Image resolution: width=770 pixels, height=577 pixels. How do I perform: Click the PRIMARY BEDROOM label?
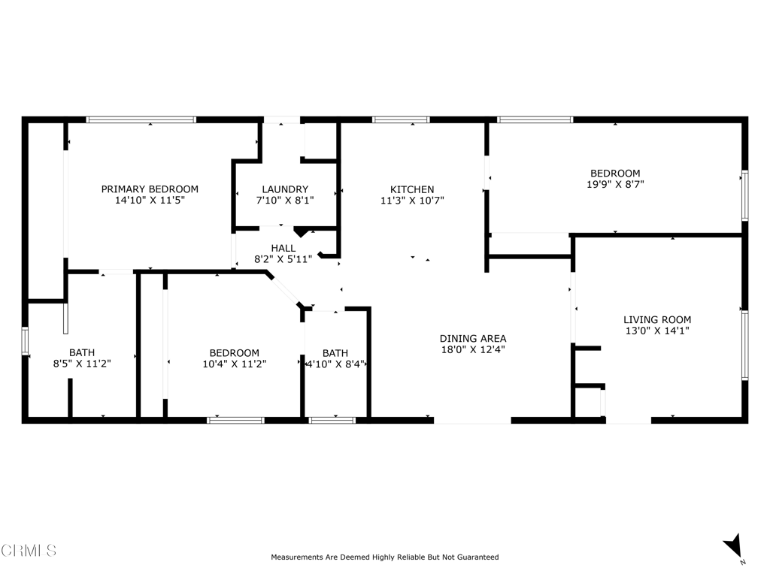pos(150,189)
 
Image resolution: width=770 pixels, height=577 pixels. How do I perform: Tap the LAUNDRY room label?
pos(285,189)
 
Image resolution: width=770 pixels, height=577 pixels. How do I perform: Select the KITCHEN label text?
pos(411,189)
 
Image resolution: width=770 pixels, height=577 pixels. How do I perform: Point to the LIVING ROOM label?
pos(658,319)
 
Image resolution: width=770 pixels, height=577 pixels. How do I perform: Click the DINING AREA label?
pos(473,338)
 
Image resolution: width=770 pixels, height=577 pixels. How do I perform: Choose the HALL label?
pos(283,248)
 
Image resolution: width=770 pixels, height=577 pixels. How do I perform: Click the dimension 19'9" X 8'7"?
pos(615,184)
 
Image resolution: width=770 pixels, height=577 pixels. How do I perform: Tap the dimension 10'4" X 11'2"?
pos(234,364)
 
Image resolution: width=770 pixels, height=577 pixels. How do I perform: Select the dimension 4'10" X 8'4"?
pos(335,364)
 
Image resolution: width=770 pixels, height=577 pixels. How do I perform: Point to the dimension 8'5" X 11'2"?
pos(82,364)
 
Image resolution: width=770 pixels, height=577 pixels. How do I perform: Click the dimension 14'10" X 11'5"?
pos(150,201)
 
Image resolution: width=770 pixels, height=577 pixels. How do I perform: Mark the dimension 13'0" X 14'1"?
pos(658,331)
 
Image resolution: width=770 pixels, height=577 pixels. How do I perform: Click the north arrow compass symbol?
pos(732,546)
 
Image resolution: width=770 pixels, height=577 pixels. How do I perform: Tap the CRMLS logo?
pos(29,551)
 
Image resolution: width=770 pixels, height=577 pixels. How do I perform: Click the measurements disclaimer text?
pos(384,557)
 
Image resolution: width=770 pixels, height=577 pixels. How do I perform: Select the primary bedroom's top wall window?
pos(141,119)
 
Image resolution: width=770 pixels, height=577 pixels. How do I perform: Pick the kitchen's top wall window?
pos(401,119)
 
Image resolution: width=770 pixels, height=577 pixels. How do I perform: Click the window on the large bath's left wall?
pos(25,340)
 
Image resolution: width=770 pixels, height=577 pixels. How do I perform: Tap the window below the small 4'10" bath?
pos(332,420)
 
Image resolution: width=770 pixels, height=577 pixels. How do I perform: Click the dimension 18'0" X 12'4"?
pos(473,349)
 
